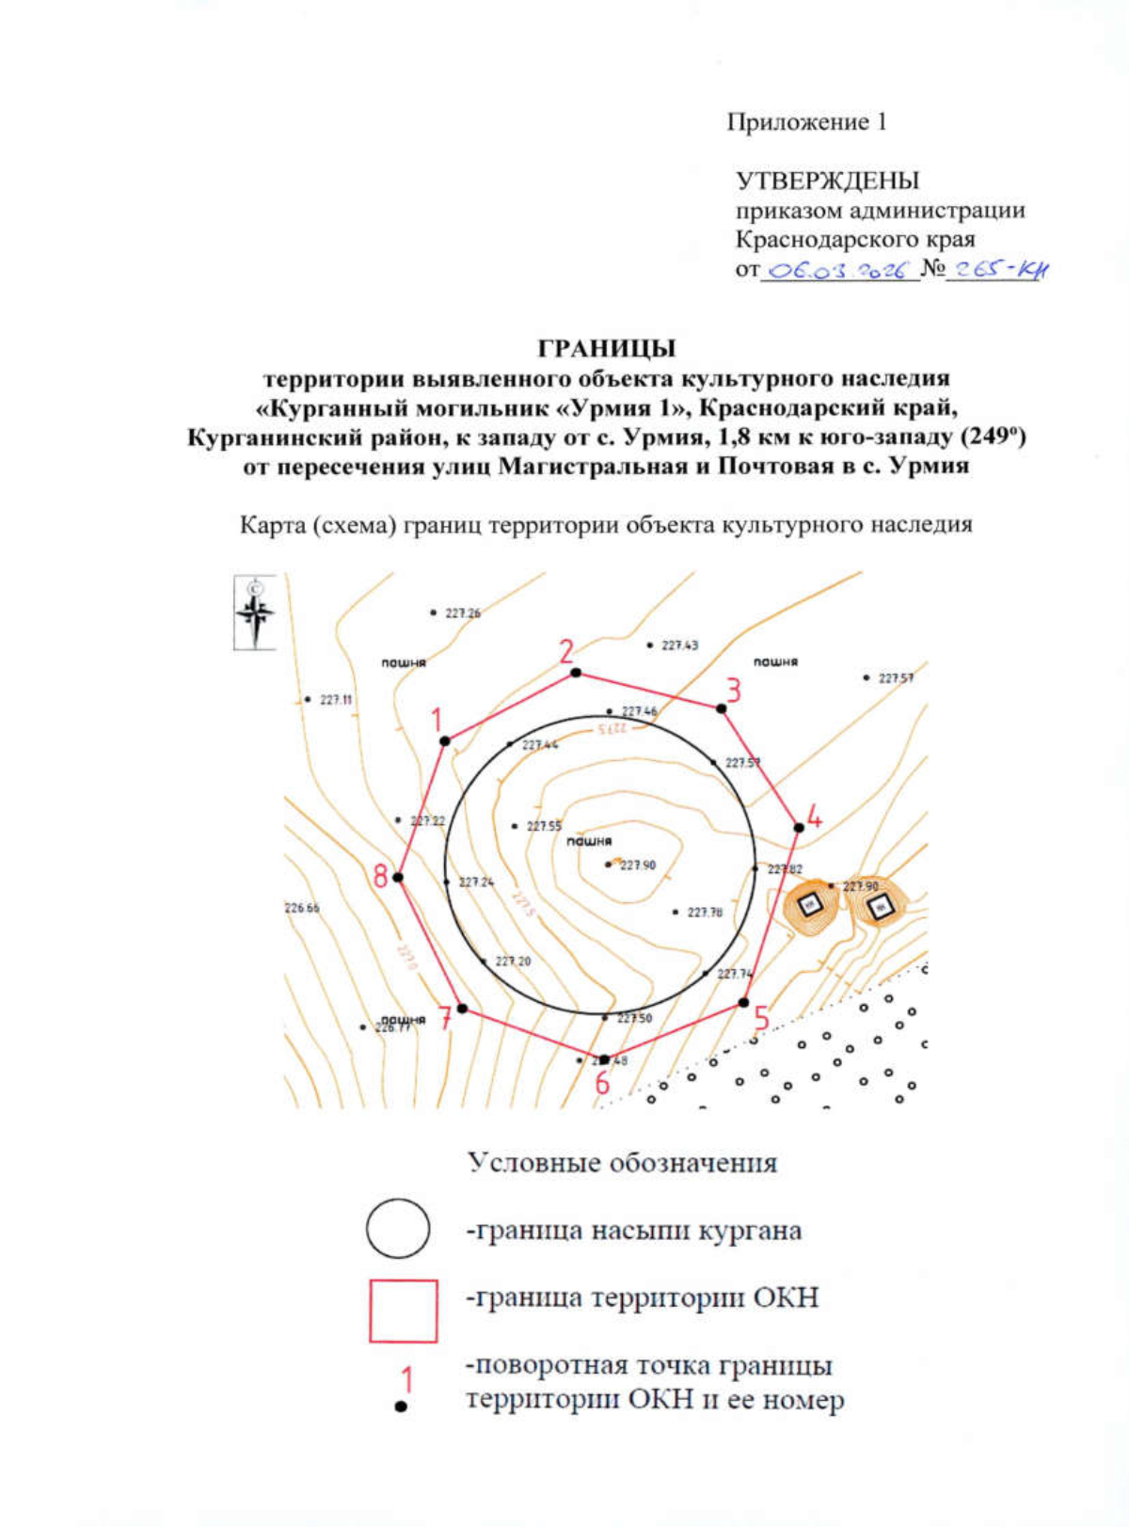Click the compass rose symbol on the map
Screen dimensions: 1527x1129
pos(254,613)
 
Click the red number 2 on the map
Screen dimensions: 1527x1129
pos(566,651)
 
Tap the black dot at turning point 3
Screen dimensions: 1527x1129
pos(722,708)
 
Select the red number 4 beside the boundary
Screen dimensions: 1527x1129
pos(815,817)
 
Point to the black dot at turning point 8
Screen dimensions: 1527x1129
pos(398,877)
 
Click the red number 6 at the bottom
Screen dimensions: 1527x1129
pos(602,1084)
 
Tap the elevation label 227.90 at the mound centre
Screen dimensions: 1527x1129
pos(638,865)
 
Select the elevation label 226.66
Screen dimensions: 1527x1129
pos(301,908)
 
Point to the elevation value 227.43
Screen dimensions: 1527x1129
pos(679,645)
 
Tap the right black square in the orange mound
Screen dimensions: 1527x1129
pos(882,907)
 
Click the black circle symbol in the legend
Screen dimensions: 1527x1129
pos(398,1228)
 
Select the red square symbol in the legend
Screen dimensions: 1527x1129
pos(403,1310)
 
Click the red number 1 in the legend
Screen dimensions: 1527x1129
pos(406,1380)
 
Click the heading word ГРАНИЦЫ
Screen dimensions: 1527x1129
pos(607,348)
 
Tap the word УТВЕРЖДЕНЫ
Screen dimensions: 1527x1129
pos(827,180)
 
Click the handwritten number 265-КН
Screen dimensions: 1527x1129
pos(997,270)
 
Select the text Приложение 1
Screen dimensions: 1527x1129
pos(806,121)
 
